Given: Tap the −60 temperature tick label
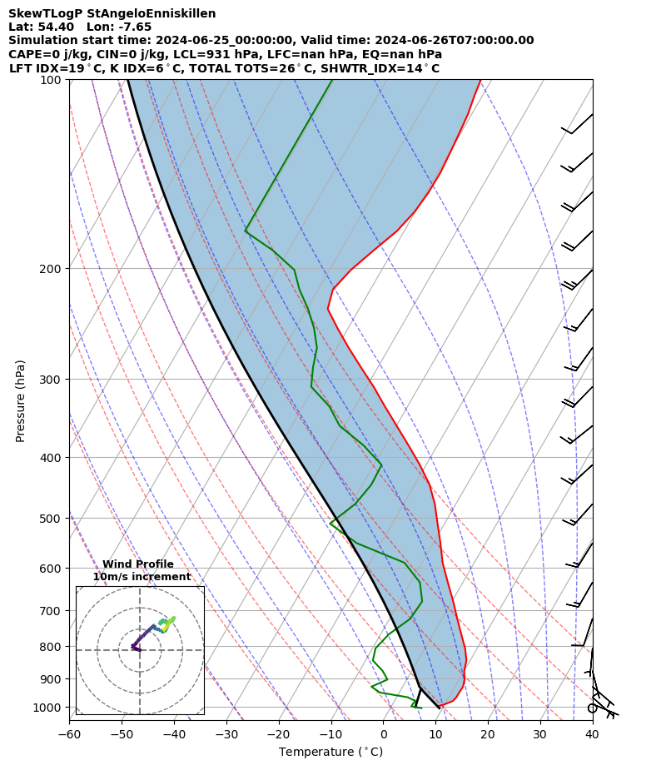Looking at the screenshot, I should [69, 734].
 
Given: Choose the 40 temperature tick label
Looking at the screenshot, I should [592, 734].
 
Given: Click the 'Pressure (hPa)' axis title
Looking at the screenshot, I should [21, 400].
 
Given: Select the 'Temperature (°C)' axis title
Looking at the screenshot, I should [330, 753].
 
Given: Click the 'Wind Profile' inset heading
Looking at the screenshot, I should [138, 564].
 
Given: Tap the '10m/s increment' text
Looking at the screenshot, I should [142, 577].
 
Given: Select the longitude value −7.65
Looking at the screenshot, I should [133, 27].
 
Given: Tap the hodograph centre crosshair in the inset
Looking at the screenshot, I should [140, 650].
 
